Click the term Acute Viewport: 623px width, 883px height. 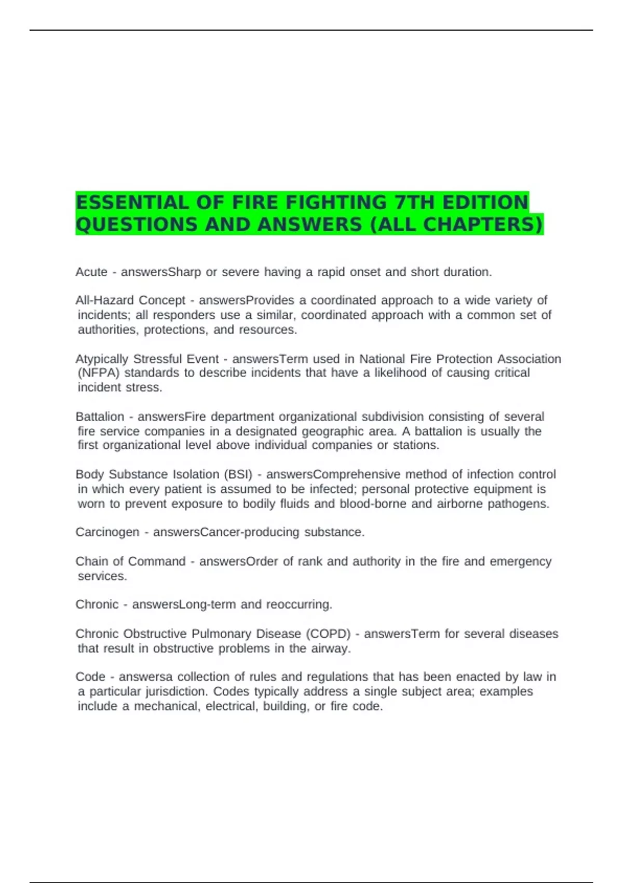point(91,272)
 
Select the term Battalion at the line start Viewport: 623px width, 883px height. point(100,417)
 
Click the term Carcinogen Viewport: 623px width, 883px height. point(107,532)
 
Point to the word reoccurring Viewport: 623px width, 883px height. point(299,605)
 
